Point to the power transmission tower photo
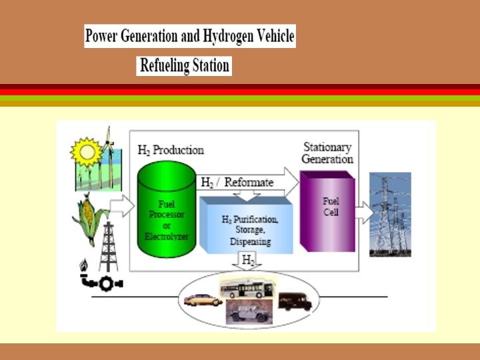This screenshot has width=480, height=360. point(390,213)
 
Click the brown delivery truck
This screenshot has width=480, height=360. point(294,301)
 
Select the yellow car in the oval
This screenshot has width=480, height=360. point(203,301)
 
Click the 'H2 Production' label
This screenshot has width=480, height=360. point(170,151)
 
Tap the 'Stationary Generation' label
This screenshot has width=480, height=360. point(327,153)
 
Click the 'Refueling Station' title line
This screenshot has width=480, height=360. point(184,65)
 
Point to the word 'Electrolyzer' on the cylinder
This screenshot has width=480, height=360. point(167,236)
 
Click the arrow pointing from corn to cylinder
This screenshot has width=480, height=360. point(123,207)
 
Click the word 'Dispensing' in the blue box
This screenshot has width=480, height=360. point(250,241)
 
